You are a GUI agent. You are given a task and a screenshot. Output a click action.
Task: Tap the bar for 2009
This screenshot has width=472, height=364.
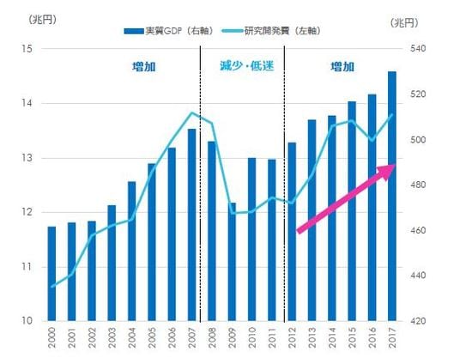[x=233, y=262]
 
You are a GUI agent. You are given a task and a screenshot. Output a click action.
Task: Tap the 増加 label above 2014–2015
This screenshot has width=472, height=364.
[x=342, y=66]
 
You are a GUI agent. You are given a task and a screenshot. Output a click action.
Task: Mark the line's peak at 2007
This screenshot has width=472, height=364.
[x=191, y=112]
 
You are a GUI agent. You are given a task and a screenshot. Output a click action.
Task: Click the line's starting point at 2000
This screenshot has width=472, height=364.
[x=51, y=287]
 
